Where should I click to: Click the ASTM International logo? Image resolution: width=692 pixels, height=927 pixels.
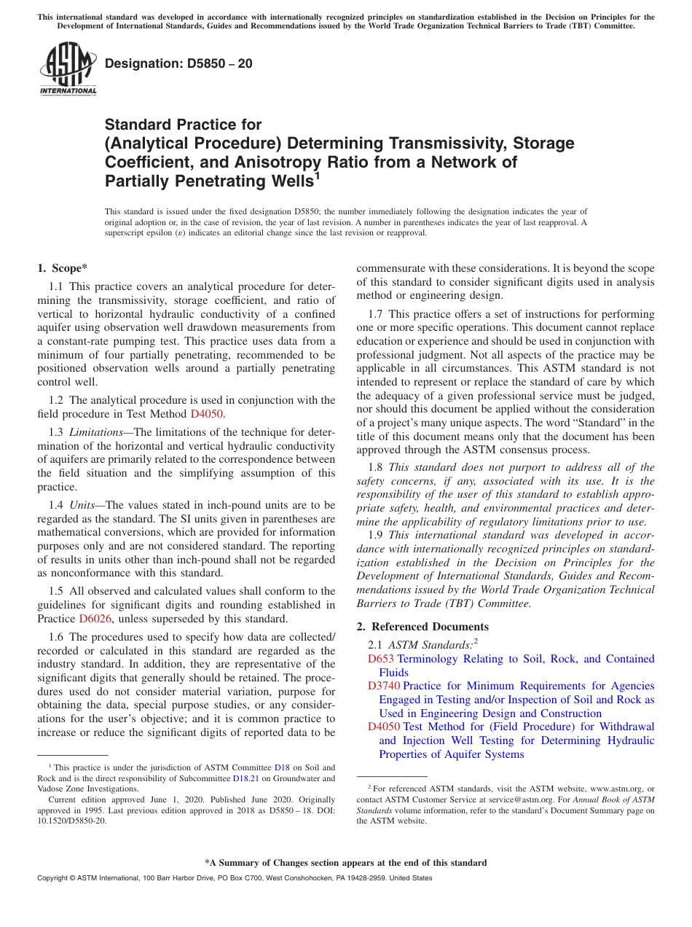(68, 69)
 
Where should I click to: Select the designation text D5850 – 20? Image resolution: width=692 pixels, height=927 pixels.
(178, 63)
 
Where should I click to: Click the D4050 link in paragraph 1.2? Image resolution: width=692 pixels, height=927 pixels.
(207, 414)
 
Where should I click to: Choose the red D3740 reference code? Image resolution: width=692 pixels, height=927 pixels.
(384, 686)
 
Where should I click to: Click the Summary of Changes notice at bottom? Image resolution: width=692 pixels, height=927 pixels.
(345, 863)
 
